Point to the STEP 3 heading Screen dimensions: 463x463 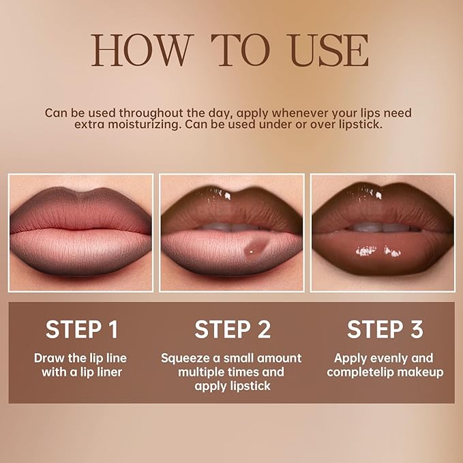click(385, 329)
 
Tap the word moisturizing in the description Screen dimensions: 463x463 click(113, 125)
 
